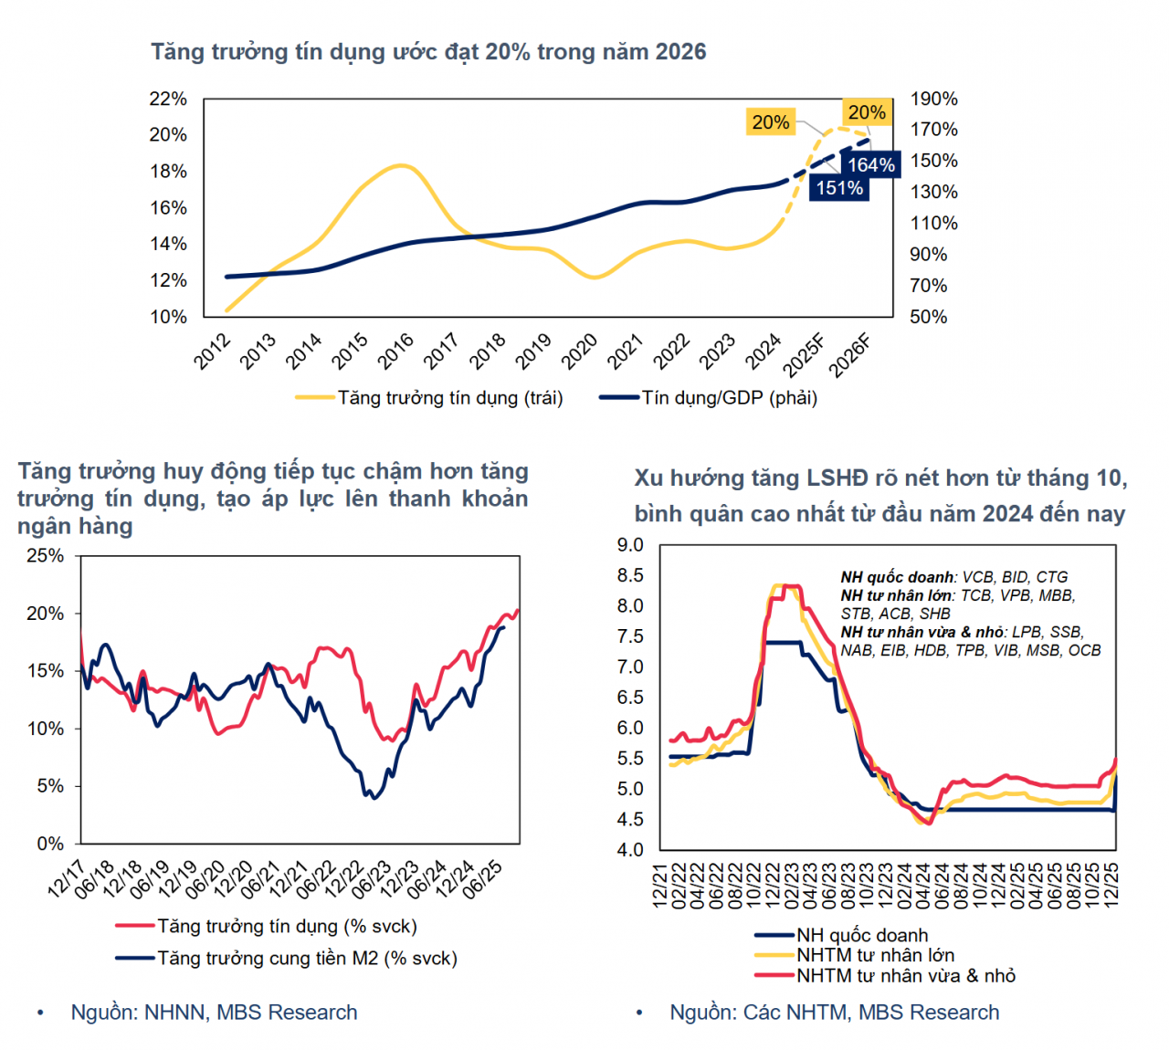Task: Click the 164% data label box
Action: tap(870, 165)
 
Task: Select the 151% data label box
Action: tap(839, 188)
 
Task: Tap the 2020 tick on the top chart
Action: tap(579, 352)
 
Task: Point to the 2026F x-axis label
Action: tap(850, 355)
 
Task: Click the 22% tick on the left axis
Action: tap(168, 99)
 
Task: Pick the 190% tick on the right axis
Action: tap(933, 99)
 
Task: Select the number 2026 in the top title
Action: tap(680, 52)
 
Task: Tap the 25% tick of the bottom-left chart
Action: tap(45, 556)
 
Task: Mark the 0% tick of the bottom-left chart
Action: tap(50, 844)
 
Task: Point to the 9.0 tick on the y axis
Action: tap(630, 545)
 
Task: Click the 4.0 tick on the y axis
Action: tap(630, 850)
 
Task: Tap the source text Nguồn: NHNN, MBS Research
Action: tap(214, 1013)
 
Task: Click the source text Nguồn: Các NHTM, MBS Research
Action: tap(834, 1013)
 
